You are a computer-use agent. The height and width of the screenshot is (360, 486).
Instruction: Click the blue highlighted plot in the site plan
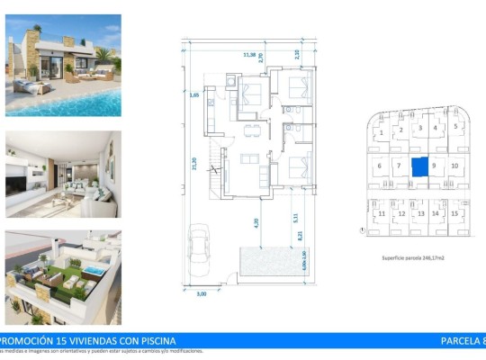point(419,166)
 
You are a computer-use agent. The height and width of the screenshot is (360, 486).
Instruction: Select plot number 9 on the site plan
point(434,166)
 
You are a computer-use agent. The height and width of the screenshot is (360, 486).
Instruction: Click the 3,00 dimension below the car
point(201,294)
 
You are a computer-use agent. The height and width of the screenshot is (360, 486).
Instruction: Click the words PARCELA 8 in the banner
point(461,340)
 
